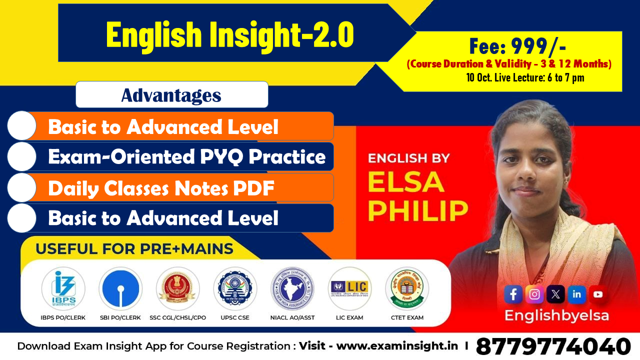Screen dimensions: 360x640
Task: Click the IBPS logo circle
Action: [x=63, y=289]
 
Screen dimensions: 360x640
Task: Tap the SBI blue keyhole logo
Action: [x=120, y=289]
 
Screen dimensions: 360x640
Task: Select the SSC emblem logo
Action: [x=178, y=289]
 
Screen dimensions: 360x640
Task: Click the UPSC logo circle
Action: [x=235, y=289]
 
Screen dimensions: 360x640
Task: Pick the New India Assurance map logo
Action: [x=292, y=289]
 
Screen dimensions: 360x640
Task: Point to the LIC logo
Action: [x=350, y=289]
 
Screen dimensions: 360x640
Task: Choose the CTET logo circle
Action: [x=407, y=289]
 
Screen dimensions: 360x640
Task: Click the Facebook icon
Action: [x=513, y=294]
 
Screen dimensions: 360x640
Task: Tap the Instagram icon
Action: [x=534, y=294]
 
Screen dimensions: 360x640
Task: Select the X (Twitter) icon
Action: [x=555, y=294]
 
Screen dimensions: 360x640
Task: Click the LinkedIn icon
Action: [x=576, y=294]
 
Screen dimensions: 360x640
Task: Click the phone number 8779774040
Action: [x=553, y=346]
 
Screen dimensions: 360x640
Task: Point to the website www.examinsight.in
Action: [x=397, y=346]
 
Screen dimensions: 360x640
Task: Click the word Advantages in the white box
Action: [x=171, y=95]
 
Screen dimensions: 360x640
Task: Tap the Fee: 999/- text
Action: [x=517, y=47]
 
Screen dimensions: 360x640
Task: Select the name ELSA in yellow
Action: [x=406, y=182]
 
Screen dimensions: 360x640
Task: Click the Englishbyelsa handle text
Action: [x=556, y=316]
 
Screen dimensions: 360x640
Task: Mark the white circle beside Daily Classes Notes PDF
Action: [x=22, y=188]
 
